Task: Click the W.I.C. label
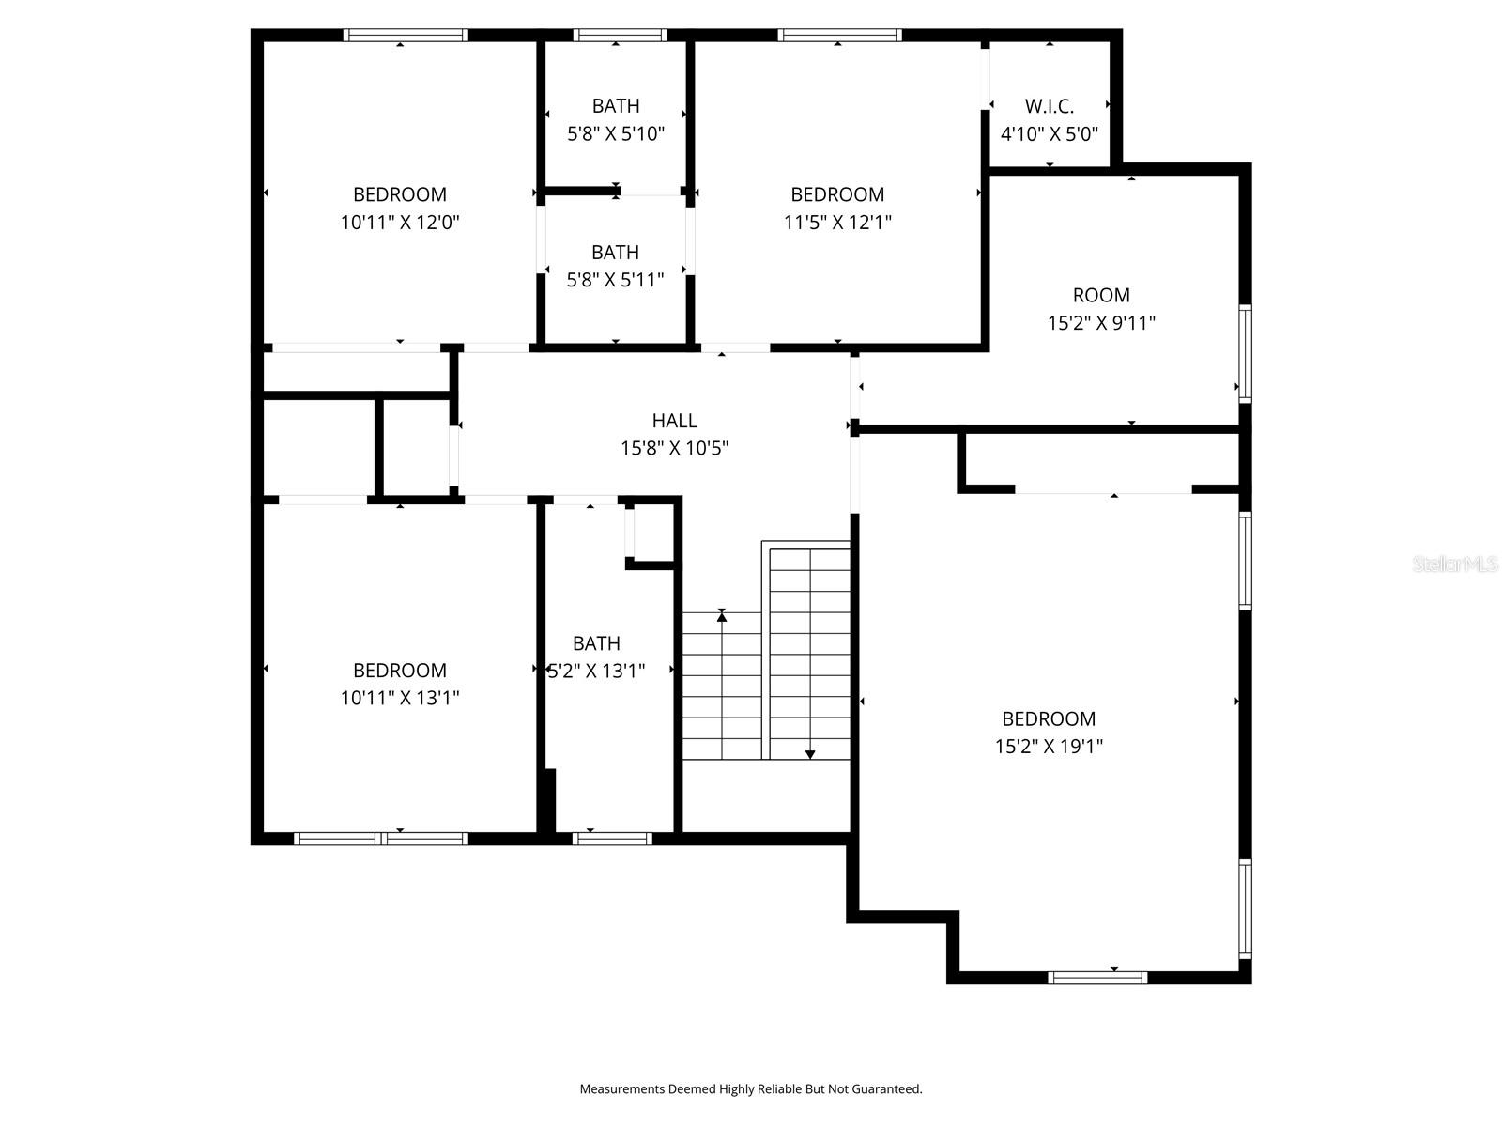click(x=1049, y=106)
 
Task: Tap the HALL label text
click(x=674, y=421)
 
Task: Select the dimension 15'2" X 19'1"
click(x=1049, y=747)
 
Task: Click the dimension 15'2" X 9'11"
click(x=1101, y=323)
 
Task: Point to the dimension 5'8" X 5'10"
click(x=616, y=133)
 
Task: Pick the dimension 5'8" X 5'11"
click(x=616, y=280)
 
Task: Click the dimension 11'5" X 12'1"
click(x=837, y=223)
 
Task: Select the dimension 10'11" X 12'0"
click(x=400, y=223)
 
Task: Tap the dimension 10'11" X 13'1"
click(x=400, y=698)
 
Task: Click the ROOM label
click(x=1101, y=295)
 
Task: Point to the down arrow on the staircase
click(x=810, y=753)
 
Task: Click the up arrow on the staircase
click(x=722, y=615)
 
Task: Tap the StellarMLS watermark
click(x=1455, y=564)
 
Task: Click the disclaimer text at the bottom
click(x=751, y=1089)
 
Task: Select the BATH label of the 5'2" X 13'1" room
click(x=596, y=643)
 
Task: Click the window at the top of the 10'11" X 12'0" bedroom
click(x=406, y=36)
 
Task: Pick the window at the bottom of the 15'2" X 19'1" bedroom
click(x=1097, y=978)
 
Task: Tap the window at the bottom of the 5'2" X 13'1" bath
click(x=612, y=839)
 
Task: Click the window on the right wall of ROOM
click(x=1245, y=353)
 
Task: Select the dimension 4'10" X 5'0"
click(x=1049, y=134)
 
